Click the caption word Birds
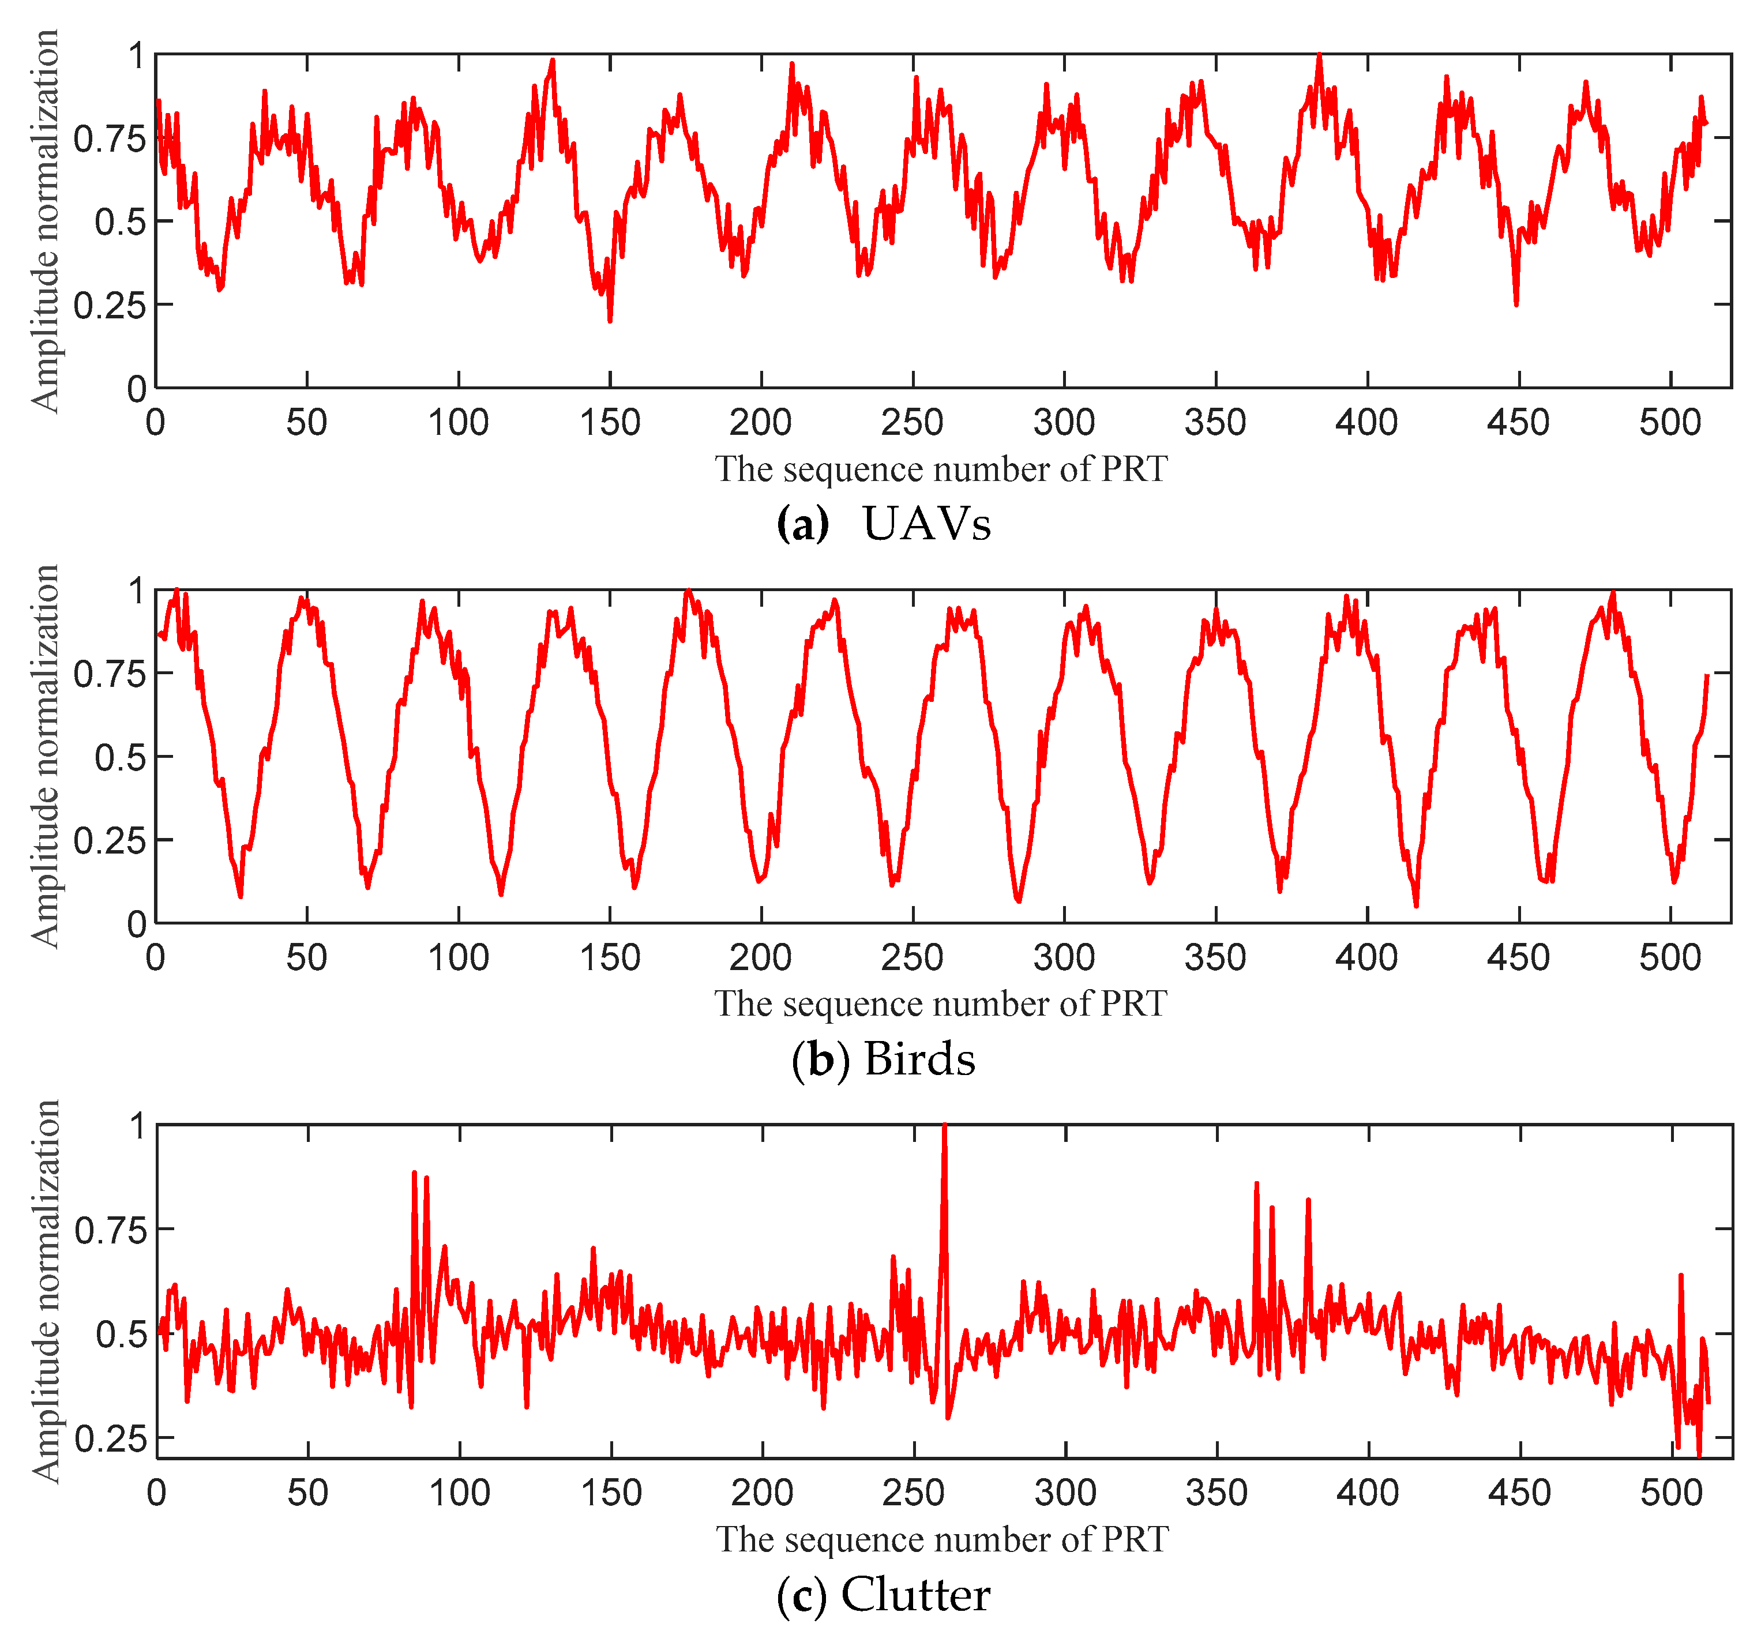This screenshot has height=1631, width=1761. tap(920, 1059)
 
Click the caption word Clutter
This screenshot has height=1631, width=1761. tap(915, 1595)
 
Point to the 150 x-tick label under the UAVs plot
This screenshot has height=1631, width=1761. tap(610, 423)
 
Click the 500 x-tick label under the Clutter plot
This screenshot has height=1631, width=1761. tap(1671, 1493)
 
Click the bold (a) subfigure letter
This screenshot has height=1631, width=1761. tap(802, 524)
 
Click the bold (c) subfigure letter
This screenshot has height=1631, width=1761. tap(802, 1595)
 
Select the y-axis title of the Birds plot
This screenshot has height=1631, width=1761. tap(44, 756)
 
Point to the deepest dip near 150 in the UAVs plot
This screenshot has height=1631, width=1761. tap(610, 320)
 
